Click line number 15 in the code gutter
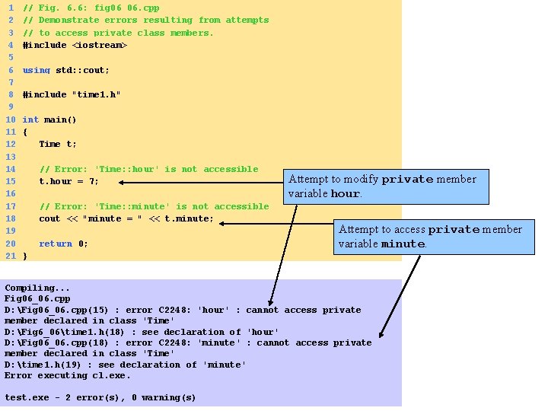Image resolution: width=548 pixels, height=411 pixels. coord(11,181)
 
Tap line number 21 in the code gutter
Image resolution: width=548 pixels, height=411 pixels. coord(11,256)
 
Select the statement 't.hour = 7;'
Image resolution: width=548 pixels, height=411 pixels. coord(68,181)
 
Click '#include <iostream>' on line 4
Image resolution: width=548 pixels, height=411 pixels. coord(75,45)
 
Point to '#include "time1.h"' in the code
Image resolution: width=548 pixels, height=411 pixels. coord(72,94)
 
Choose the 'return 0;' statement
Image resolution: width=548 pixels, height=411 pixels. coord(63,244)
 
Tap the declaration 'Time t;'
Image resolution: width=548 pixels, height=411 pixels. coord(58,144)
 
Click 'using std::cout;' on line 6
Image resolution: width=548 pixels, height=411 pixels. coord(66,70)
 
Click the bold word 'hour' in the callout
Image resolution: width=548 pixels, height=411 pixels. coord(344,193)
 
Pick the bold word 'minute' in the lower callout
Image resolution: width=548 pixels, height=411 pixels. coord(403,244)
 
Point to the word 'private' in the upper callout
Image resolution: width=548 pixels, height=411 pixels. coord(409,180)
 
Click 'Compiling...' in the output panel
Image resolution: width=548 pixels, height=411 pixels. coord(37,288)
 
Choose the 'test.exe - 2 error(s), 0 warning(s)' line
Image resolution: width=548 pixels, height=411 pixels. coord(100,397)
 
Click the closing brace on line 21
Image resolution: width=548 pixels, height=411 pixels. coord(25,256)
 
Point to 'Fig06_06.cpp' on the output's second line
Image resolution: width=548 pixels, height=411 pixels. coord(37,298)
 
